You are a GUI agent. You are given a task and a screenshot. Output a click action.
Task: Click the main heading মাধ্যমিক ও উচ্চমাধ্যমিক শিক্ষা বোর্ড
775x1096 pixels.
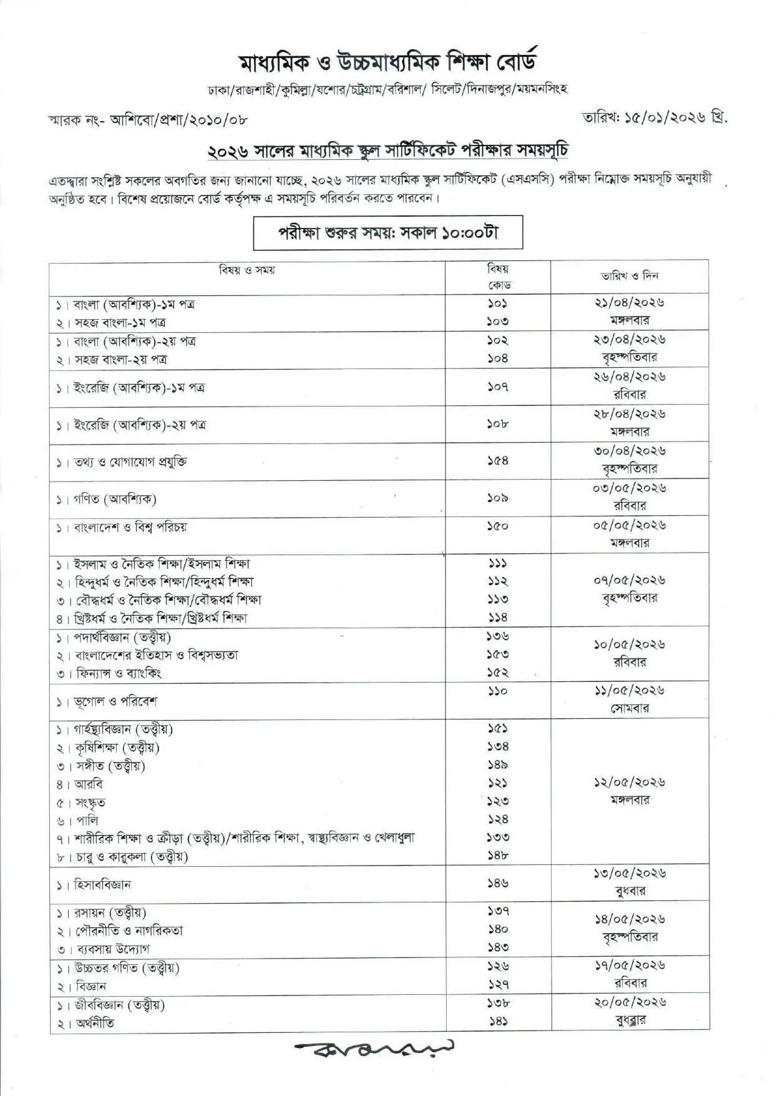(x=387, y=62)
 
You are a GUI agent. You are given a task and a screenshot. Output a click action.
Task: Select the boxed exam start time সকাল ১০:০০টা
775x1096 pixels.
(x=387, y=233)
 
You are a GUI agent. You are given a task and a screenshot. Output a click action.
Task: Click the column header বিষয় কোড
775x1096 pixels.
(x=497, y=277)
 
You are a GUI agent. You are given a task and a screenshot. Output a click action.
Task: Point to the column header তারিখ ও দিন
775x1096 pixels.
(x=630, y=275)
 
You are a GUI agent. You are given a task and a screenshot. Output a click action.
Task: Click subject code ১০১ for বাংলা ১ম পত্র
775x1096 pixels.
(x=497, y=304)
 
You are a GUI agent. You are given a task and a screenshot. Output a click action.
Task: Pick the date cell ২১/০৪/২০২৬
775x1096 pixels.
(x=629, y=303)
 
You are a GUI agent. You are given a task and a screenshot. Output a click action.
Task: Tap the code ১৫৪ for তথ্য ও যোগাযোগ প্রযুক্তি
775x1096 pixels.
(x=497, y=461)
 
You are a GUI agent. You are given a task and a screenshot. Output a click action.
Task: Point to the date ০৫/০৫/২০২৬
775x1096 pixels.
(x=629, y=525)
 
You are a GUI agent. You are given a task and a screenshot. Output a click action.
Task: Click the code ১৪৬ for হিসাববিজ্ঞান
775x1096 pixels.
(x=497, y=883)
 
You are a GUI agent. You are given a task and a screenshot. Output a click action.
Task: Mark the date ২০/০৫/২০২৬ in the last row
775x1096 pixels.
(x=629, y=1002)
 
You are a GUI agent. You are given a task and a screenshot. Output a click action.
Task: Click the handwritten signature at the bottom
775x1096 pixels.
(x=374, y=1047)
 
